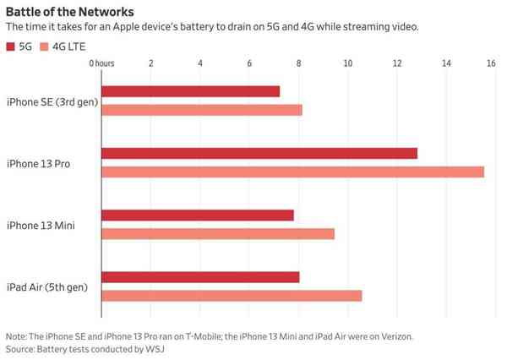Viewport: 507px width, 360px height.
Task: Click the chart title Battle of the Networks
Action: coord(68,12)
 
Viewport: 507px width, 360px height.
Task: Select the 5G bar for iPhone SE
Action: coord(190,91)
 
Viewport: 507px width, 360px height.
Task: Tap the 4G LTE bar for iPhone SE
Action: coord(201,110)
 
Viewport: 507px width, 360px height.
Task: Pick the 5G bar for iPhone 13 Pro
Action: coord(259,153)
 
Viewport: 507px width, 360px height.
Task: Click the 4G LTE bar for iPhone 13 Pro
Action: coord(292,172)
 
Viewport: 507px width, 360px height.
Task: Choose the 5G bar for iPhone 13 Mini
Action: coord(197,215)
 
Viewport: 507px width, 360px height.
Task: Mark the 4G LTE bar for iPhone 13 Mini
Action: coord(217,233)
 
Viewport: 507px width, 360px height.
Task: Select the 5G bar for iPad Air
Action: coord(200,277)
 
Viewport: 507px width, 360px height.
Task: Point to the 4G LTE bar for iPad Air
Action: coord(231,296)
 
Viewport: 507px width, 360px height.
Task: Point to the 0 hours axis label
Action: coord(101,64)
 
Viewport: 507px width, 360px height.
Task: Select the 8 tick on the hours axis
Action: coord(298,64)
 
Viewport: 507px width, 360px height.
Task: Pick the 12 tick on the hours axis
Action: coord(397,64)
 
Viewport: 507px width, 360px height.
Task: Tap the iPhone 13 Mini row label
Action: coord(41,225)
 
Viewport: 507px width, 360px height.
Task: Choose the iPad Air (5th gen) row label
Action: coord(48,287)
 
